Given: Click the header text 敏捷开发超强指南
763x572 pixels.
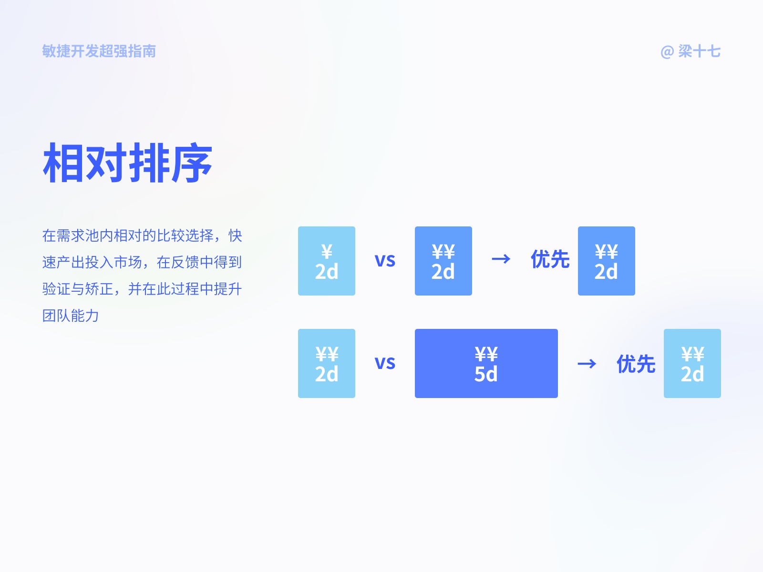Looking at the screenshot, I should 99,51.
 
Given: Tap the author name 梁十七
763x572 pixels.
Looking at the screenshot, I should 699,51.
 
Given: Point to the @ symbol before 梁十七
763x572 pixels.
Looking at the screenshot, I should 667,51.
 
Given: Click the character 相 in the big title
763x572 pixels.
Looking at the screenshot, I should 64,163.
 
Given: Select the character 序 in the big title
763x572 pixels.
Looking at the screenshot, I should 192,163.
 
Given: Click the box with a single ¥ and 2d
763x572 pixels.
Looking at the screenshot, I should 327,261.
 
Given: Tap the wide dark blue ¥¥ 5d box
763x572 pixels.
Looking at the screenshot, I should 486,363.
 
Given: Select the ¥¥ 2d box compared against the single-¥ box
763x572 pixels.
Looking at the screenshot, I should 443,261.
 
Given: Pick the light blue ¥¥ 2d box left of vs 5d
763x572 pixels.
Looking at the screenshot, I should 327,363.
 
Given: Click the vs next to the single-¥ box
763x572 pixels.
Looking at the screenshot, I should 385,260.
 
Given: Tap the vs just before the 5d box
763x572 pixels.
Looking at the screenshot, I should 385,363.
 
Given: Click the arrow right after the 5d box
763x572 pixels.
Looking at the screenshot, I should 587,364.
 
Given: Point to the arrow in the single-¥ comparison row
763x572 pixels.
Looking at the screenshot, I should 501,259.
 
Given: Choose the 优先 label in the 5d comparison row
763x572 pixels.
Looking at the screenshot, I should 636,364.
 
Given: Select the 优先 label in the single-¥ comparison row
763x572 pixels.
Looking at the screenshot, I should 550,259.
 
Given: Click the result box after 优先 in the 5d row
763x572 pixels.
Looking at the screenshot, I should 692,363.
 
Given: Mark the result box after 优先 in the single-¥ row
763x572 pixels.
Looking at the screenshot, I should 606,261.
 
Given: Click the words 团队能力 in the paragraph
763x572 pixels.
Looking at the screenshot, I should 71,316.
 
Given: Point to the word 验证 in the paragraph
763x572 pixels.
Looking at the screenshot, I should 56,289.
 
